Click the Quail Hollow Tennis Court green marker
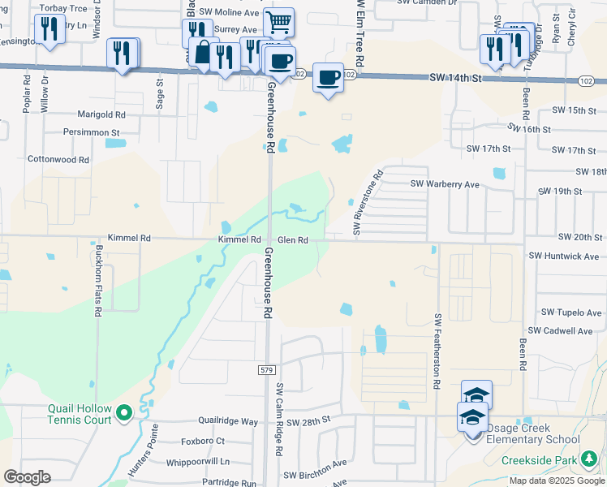[124, 414]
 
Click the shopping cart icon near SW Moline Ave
[278, 22]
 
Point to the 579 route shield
[267, 369]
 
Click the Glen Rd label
[293, 240]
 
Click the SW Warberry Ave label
[445, 184]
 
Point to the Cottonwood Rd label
[58, 160]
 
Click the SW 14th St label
[454, 77]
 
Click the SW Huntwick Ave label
[563, 256]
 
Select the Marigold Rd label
[101, 115]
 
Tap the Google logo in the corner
[28, 477]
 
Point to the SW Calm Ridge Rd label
[278, 418]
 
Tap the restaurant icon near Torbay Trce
[50, 30]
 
